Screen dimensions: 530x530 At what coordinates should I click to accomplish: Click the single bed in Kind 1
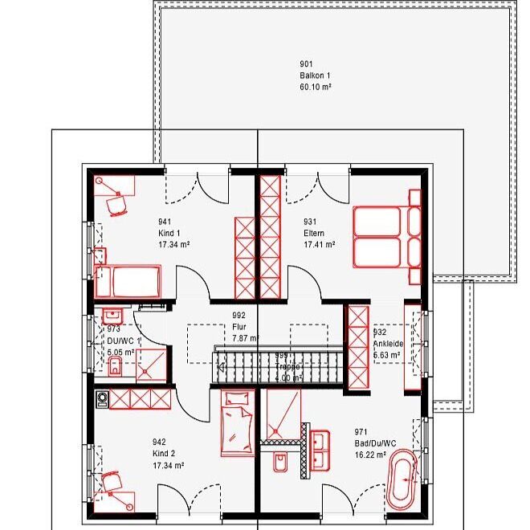[x=129, y=282]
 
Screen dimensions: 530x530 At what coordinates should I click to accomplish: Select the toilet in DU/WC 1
[x=114, y=368]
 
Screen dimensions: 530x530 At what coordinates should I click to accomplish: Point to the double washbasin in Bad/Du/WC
[x=320, y=450]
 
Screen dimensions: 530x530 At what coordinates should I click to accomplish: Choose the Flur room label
[x=238, y=328]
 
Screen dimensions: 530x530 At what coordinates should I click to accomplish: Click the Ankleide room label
[x=389, y=343]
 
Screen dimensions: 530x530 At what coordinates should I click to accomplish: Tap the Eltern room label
[x=313, y=233]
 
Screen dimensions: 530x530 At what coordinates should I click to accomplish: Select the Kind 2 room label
[x=163, y=454]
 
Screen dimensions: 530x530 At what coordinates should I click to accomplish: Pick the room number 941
[x=165, y=222]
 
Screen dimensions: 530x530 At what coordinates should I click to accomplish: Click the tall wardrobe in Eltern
[x=270, y=233]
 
